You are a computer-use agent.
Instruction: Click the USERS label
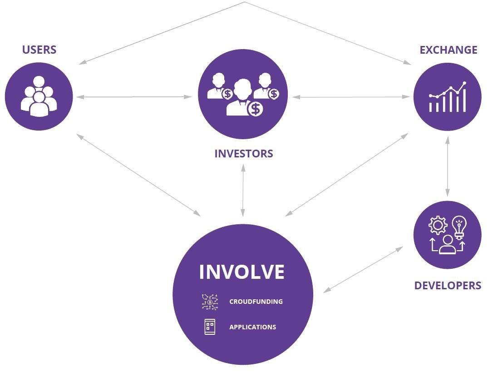39,50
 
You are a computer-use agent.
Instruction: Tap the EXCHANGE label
448,50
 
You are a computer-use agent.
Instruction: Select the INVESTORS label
244,153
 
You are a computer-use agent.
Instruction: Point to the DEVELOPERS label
448,285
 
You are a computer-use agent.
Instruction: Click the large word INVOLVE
242,272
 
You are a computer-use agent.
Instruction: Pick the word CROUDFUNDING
256,302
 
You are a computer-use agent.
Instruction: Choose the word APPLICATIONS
252,327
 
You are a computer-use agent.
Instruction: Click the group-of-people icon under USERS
39,96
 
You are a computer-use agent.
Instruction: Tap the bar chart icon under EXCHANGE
448,97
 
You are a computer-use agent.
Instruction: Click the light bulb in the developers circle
459,227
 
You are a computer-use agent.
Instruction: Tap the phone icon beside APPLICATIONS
210,327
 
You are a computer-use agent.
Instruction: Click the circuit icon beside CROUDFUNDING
210,302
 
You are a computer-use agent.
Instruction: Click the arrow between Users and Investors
134,96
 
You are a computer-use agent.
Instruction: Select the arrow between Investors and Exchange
351,97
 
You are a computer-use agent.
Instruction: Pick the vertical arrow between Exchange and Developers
448,166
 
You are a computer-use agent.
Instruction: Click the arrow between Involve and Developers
363,269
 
